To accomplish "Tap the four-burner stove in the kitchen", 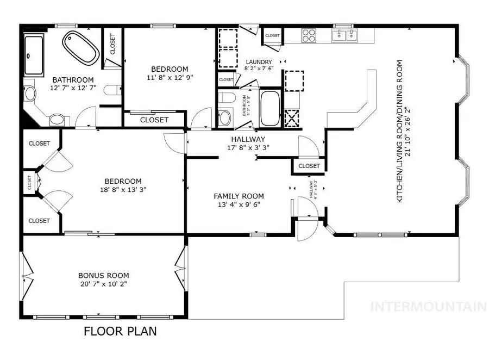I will coord(309,35).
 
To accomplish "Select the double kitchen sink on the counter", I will coord(345,35).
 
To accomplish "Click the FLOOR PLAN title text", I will coord(120,331).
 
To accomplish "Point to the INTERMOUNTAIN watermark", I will coord(428,307).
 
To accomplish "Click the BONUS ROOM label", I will coord(103,276).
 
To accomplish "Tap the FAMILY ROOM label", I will coord(239,196).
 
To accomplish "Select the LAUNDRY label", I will coord(259,62).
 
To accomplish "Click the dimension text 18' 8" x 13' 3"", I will coord(123,189).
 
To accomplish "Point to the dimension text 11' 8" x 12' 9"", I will coord(170,77).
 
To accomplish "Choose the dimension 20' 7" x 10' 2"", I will coord(103,284).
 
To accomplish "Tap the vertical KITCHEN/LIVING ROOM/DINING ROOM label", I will coord(400,131).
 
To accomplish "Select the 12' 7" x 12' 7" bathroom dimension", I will coord(73,88).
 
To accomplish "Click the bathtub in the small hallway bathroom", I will coord(269,109).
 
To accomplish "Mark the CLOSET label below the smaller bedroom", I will coord(154,120).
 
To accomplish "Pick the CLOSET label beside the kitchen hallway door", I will coord(309,166).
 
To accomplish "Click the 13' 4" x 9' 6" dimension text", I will coord(239,204).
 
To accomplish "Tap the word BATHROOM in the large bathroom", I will coord(73,79).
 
